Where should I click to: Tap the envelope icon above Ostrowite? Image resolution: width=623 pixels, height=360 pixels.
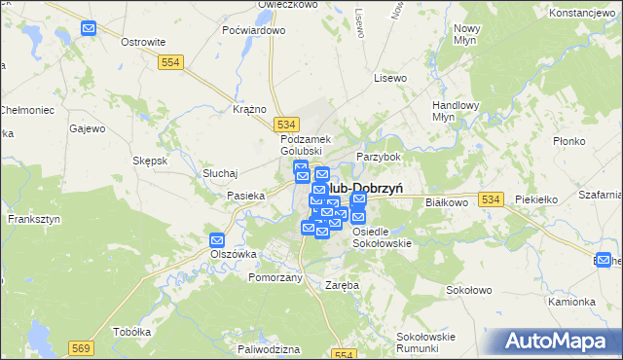pos(89,28)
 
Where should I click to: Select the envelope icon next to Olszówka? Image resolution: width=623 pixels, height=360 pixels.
pos(217,240)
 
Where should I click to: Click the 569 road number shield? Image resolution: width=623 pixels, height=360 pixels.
pos(81,347)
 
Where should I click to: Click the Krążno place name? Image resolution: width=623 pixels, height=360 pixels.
pos(250,109)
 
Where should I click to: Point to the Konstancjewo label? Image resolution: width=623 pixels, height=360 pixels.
pos(584,14)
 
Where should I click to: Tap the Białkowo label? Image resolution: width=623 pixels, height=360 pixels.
pos(448,202)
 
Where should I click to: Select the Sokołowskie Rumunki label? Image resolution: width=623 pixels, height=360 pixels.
pos(426,342)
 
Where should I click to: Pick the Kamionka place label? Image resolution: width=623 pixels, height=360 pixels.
pos(571,302)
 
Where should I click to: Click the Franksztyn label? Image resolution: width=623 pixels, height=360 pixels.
pos(34,220)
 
